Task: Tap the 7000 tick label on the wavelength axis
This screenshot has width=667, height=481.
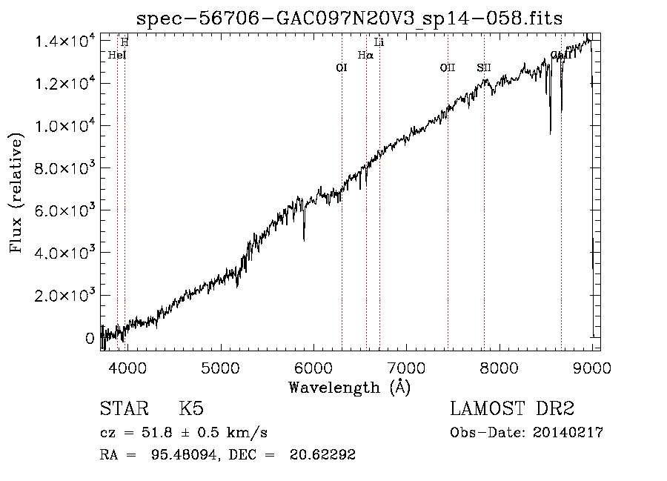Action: (405, 367)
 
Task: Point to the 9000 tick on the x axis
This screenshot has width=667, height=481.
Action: (591, 367)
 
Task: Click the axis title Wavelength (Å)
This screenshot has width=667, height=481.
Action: (349, 386)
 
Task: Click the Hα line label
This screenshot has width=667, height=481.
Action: (365, 55)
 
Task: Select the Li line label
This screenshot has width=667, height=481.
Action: (379, 42)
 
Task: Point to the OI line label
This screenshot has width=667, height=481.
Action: (342, 68)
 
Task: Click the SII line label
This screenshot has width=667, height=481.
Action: (484, 68)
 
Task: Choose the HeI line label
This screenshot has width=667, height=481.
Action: (117, 55)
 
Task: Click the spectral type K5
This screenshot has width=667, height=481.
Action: (191, 409)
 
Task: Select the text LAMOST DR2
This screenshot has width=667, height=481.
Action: (512, 409)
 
